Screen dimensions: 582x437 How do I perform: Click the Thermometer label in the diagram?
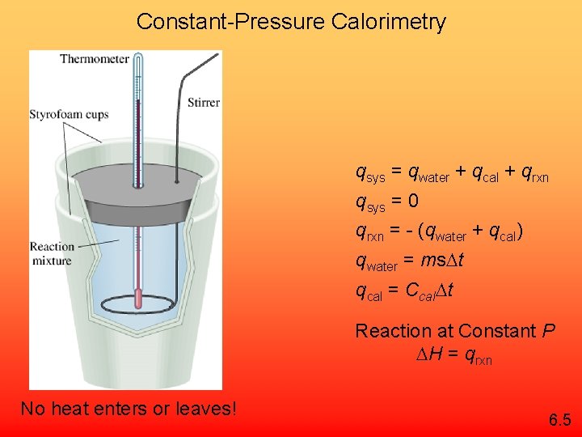pos(94,59)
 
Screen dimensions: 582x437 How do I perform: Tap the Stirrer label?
pos(203,103)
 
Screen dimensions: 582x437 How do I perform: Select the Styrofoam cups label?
pos(69,115)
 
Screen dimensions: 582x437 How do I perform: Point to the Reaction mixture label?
pos(51,253)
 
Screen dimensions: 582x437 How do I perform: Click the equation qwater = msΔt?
pos(409,261)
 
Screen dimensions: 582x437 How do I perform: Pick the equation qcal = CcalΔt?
pos(404,291)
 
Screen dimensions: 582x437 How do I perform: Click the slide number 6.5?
pos(559,420)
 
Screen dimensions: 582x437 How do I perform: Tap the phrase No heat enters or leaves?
pos(129,409)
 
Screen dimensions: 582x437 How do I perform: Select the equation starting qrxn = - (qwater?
pos(440,232)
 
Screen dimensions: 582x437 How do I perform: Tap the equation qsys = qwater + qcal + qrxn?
pos(452,172)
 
